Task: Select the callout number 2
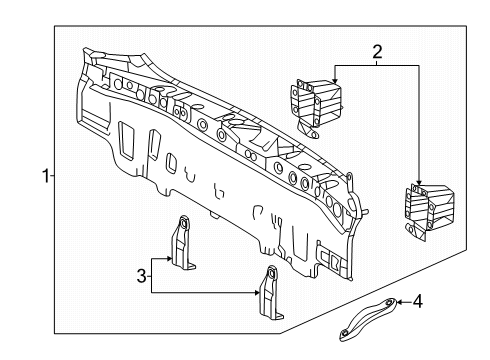point(377,50)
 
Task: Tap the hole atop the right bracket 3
point(271,272)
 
